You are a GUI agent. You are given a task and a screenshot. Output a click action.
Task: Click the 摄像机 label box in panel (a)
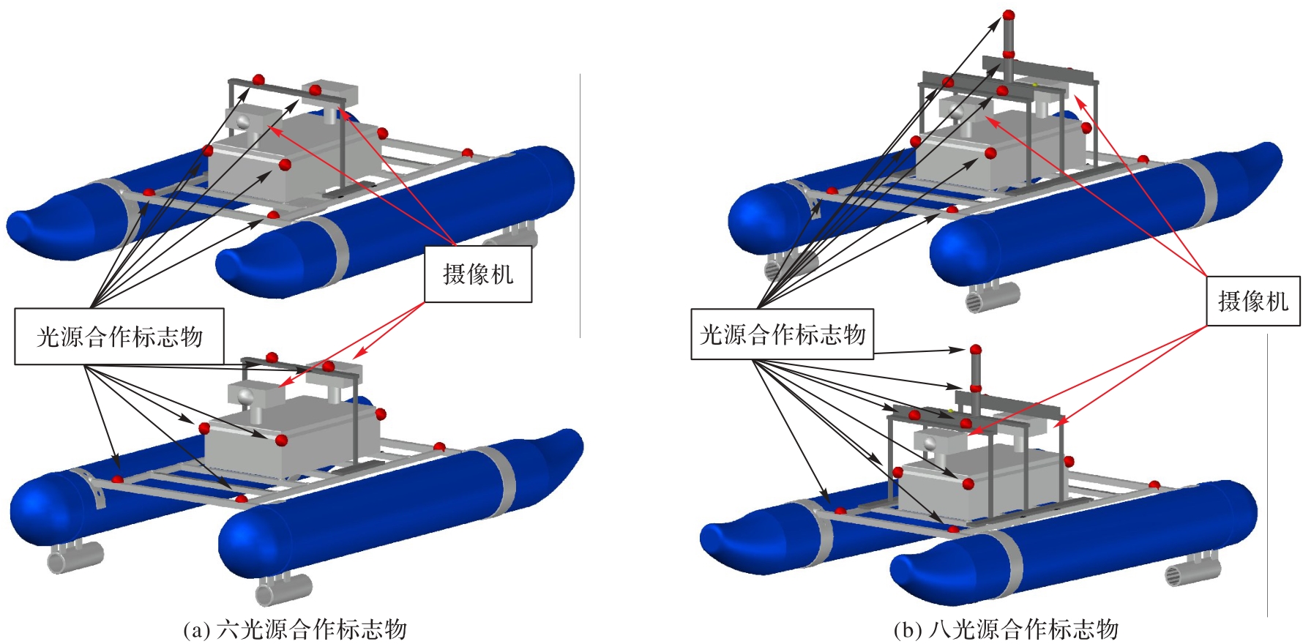(478, 274)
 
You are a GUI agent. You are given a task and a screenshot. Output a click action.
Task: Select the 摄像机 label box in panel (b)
(1252, 301)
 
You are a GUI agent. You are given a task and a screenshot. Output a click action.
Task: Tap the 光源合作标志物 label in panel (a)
(119, 337)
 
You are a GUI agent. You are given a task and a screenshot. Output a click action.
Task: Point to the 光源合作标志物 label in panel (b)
(783, 334)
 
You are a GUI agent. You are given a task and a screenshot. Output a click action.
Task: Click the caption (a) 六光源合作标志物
(294, 629)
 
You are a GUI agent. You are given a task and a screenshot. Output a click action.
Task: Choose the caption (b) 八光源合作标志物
(1006, 629)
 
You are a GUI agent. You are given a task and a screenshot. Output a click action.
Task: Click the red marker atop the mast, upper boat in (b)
(1008, 15)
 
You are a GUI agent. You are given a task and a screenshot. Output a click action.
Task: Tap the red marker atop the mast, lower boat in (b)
(975, 351)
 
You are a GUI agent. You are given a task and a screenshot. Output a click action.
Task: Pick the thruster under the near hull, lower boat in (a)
(283, 588)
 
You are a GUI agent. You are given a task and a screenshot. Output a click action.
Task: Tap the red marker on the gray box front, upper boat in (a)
(285, 165)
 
